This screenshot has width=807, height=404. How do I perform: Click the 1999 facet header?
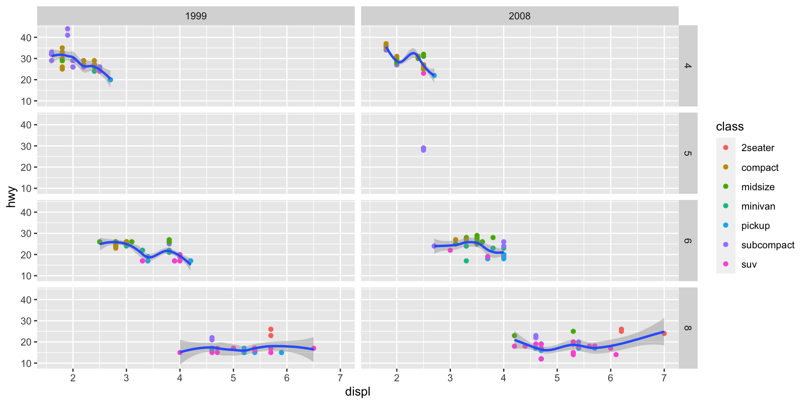click(196, 16)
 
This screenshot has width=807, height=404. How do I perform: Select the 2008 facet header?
click(520, 16)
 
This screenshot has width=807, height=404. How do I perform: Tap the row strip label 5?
click(688, 153)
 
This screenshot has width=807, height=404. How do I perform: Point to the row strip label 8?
click(688, 328)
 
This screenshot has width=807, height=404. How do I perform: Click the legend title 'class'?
click(730, 127)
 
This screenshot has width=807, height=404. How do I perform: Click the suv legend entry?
click(749, 264)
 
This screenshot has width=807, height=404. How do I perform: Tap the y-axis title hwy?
click(11, 197)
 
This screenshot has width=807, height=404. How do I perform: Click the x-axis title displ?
click(358, 392)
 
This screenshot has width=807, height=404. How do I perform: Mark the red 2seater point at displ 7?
click(664, 333)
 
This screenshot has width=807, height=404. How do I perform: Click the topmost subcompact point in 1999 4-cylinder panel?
click(68, 29)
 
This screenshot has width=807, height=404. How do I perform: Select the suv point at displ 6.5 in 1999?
click(314, 348)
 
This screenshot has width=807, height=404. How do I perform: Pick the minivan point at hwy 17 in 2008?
click(466, 261)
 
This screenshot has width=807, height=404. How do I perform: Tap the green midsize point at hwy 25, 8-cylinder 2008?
click(573, 332)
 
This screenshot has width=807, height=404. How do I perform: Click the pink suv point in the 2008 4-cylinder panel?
click(423, 73)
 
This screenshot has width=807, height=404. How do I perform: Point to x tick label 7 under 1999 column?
click(340, 378)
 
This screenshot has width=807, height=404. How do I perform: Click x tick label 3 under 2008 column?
click(450, 378)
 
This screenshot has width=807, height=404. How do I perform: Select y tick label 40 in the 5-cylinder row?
click(26, 125)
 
